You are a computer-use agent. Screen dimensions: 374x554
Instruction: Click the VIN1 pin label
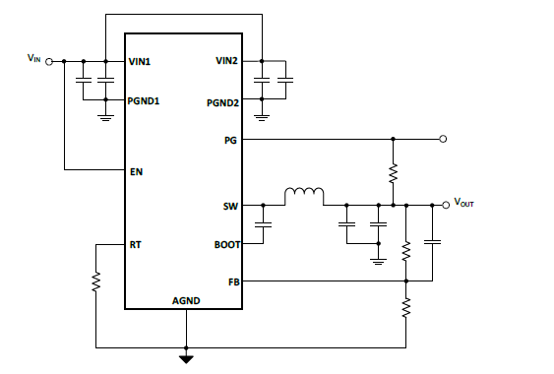pyautogui.click(x=141, y=61)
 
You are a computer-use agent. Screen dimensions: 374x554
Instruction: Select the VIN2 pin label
pyautogui.click(x=226, y=61)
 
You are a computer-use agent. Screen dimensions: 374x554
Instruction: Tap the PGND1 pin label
pyautogui.click(x=145, y=101)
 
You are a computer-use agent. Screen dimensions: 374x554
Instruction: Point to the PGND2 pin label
pyautogui.click(x=222, y=101)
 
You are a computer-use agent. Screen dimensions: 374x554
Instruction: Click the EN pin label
pyautogui.click(x=136, y=171)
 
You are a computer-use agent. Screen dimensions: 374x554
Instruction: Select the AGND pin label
pyautogui.click(x=186, y=300)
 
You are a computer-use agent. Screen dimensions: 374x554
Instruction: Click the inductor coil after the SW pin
pyautogui.click(x=305, y=198)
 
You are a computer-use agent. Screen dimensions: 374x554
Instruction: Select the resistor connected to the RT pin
pyautogui.click(x=96, y=282)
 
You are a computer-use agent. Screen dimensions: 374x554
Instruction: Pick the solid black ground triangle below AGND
pyautogui.click(x=185, y=358)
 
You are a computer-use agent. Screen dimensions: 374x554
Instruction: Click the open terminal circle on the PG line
pyautogui.click(x=444, y=140)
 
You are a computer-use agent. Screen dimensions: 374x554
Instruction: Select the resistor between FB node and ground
pyautogui.click(x=405, y=309)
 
